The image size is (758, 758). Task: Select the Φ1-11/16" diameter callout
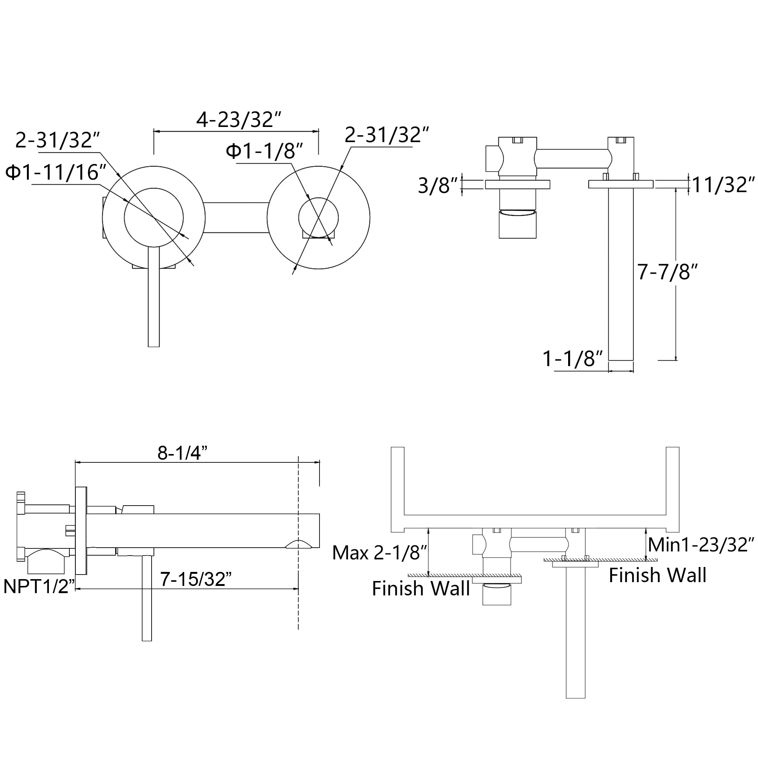click(x=56, y=172)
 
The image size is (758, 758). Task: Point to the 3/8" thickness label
click(x=438, y=186)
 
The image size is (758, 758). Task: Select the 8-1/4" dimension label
click(x=182, y=453)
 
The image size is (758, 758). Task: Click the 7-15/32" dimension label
click(x=196, y=579)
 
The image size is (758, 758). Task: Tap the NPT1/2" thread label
click(x=39, y=587)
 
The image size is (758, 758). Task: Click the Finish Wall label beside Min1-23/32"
click(x=658, y=576)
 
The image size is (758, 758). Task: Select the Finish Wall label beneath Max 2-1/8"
click(x=421, y=589)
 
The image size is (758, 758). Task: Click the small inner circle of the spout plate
click(x=318, y=218)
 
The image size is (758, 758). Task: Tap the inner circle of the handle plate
click(x=154, y=218)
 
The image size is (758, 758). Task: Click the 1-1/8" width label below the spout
click(x=572, y=359)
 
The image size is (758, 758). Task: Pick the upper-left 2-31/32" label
click(x=57, y=140)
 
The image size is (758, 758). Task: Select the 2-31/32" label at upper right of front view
click(x=387, y=135)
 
